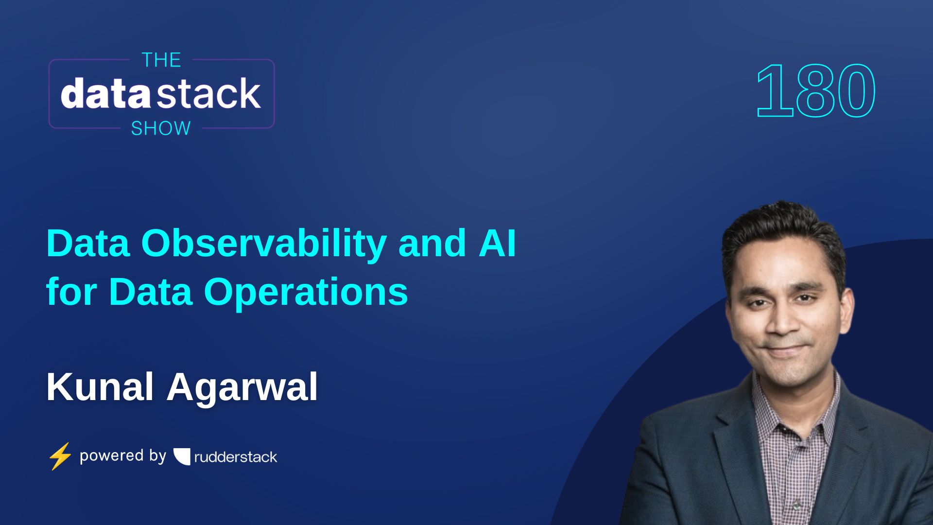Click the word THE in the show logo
[161, 60]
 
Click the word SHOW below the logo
[161, 128]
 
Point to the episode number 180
[815, 91]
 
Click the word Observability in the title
[264, 244]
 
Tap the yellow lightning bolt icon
[60, 456]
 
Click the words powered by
[123, 456]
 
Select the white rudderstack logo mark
[182, 456]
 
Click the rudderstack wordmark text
[236, 457]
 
